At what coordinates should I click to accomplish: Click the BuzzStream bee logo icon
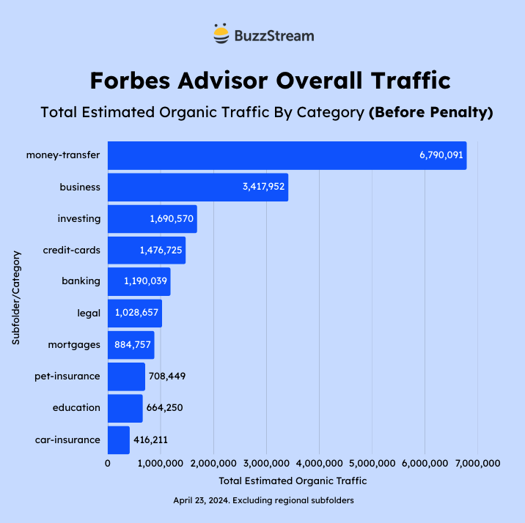[x=221, y=35]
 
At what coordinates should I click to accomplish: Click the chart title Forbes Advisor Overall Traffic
[x=270, y=80]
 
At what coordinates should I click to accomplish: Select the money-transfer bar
[x=287, y=155]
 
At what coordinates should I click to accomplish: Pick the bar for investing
[x=152, y=218]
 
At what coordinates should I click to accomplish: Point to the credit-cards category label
[x=71, y=250]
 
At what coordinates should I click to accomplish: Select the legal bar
[x=134, y=313]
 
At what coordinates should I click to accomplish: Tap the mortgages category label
[x=74, y=344]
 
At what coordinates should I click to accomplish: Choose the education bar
[x=125, y=407]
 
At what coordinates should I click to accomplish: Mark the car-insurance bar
[x=118, y=439]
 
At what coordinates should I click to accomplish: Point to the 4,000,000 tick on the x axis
[x=319, y=463]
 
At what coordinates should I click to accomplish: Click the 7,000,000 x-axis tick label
[x=477, y=463]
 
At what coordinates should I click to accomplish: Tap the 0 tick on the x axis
[x=108, y=463]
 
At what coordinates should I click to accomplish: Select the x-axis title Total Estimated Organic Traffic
[x=293, y=481]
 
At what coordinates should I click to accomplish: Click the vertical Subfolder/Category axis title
[x=16, y=297]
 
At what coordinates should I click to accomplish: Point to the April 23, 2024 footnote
[x=263, y=500]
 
